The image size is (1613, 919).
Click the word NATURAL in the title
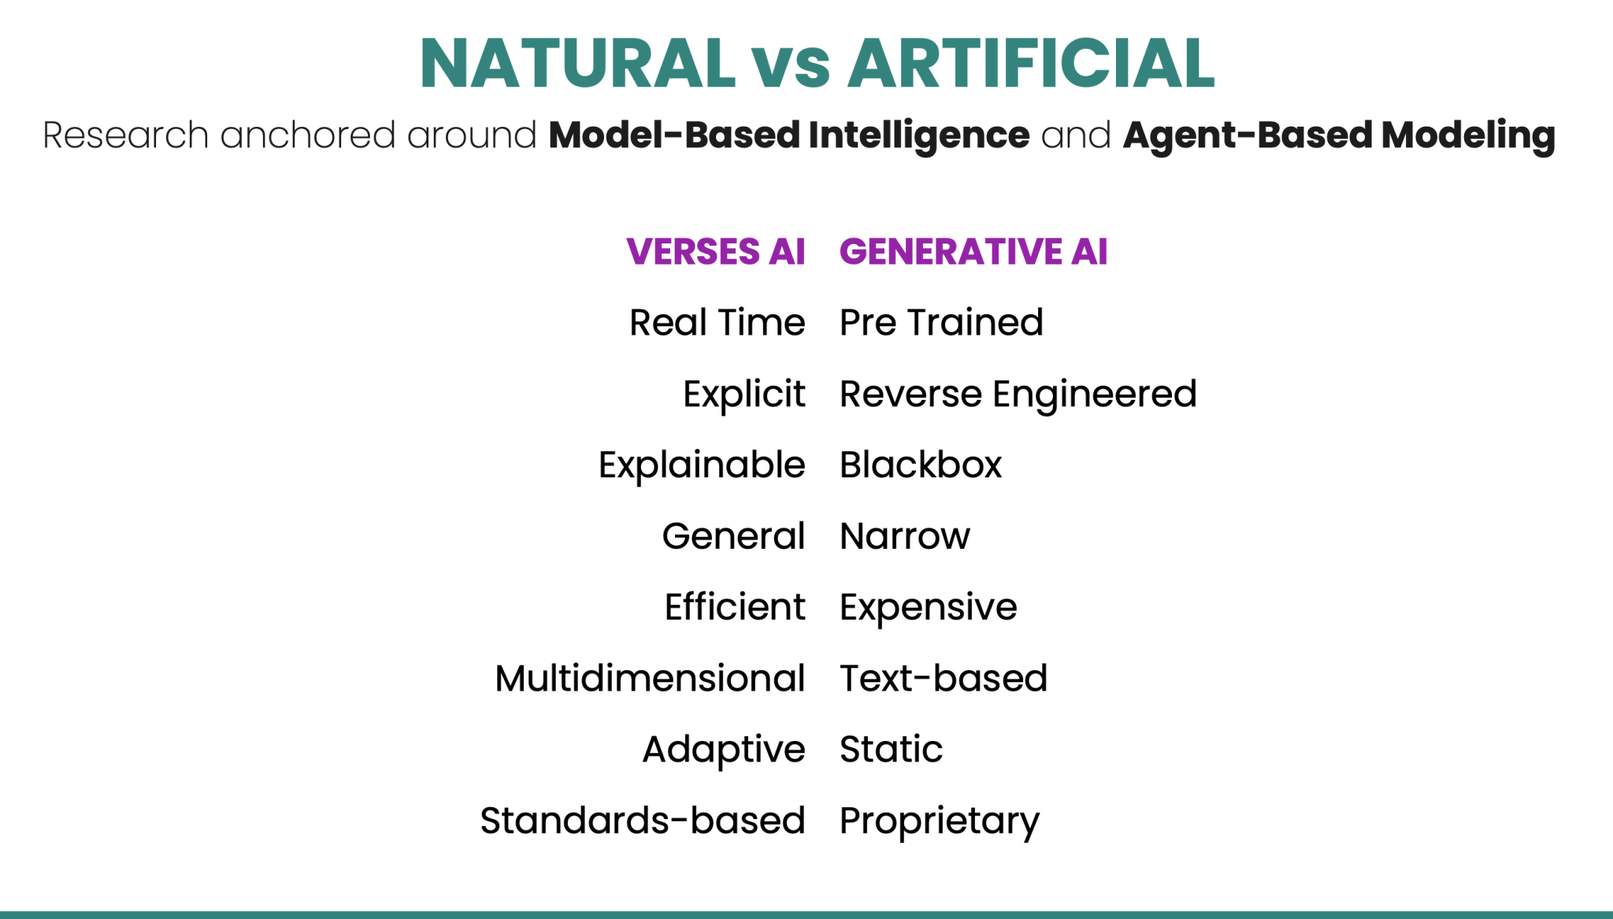[x=577, y=63]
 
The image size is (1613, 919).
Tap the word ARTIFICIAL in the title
[x=1031, y=63]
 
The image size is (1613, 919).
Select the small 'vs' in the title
[x=791, y=66]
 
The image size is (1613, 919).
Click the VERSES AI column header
[x=715, y=252]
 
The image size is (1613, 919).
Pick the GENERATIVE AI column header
[x=973, y=252]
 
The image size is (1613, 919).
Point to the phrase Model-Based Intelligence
[x=788, y=135]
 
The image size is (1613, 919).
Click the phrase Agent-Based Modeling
[x=1338, y=135]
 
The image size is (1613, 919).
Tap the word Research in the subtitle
[x=125, y=135]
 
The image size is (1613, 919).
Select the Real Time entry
[x=717, y=323]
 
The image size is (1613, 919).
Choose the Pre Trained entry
[x=941, y=323]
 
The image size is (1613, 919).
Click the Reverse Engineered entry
[x=1018, y=394]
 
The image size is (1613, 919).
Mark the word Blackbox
[x=920, y=465]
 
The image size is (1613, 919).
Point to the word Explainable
[x=701, y=465]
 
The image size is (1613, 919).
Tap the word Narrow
[x=904, y=536]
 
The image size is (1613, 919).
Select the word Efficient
[x=734, y=607]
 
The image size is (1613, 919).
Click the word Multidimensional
[x=650, y=678]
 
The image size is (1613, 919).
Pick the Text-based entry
[x=943, y=678]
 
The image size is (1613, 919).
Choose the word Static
[x=891, y=749]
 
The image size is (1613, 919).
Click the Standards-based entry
[x=642, y=821]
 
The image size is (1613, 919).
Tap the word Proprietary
[x=939, y=821]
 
